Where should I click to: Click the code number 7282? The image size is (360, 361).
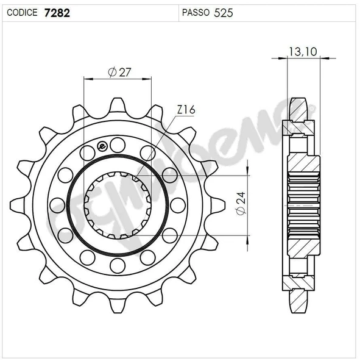click(57, 13)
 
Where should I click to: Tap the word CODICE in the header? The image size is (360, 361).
click(22, 12)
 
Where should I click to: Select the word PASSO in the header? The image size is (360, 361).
click(196, 12)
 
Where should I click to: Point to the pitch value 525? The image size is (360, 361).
click(224, 13)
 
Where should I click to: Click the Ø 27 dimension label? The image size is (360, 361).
click(119, 72)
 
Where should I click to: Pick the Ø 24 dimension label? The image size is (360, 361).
click(241, 203)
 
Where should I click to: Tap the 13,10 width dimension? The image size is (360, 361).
click(303, 52)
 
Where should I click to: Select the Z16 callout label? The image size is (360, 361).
click(186, 110)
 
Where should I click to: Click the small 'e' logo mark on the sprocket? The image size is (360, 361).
click(102, 146)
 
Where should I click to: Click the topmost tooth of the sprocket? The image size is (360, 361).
click(118, 105)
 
